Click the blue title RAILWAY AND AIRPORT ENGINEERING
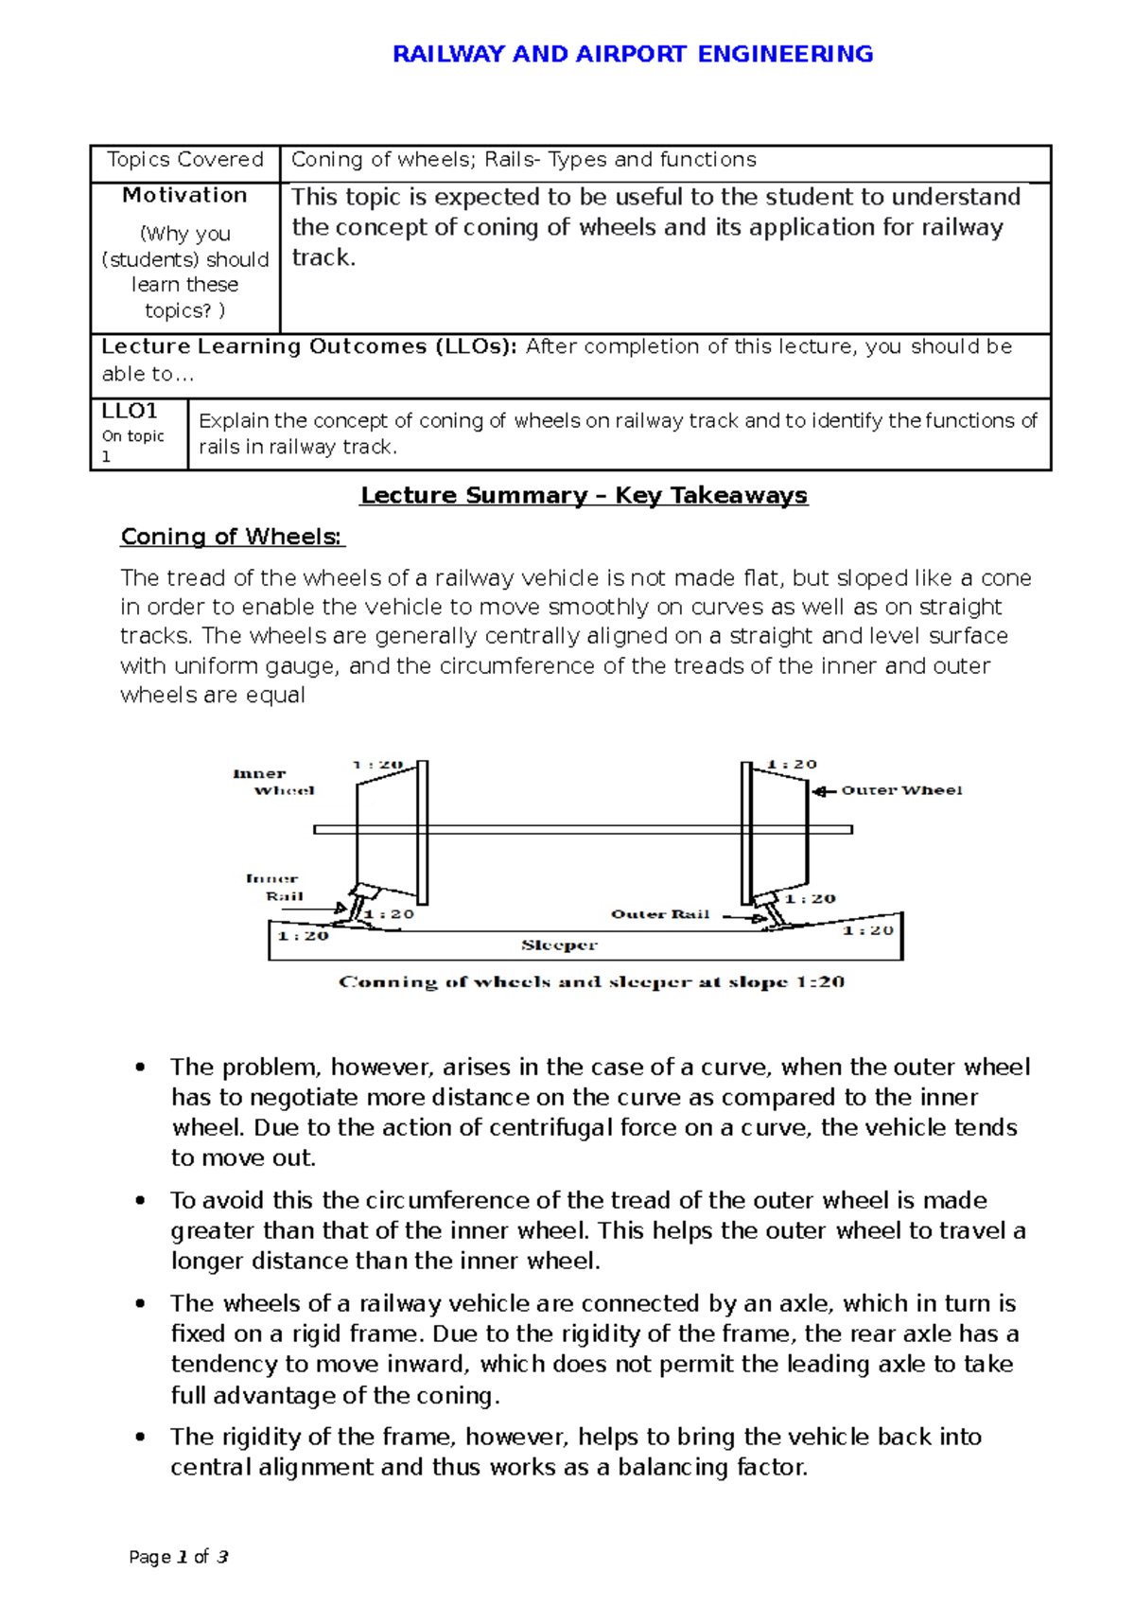[x=632, y=54]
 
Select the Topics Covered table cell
[x=184, y=160]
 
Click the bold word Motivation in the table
[x=184, y=195]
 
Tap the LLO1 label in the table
[x=130, y=411]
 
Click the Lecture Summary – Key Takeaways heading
[x=584, y=495]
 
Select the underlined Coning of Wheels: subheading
[x=232, y=537]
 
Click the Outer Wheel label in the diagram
[x=901, y=790]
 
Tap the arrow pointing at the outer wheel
[x=825, y=791]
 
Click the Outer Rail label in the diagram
[x=660, y=914]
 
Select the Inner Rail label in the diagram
[x=275, y=887]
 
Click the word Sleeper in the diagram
[x=559, y=945]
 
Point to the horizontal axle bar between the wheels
[x=583, y=829]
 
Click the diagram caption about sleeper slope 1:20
[x=591, y=982]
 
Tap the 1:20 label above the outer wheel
[x=792, y=764]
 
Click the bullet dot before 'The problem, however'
[x=140, y=1068]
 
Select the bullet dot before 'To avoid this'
[x=140, y=1200]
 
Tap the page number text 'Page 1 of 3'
[x=179, y=1557]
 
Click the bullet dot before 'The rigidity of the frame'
[x=140, y=1437]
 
